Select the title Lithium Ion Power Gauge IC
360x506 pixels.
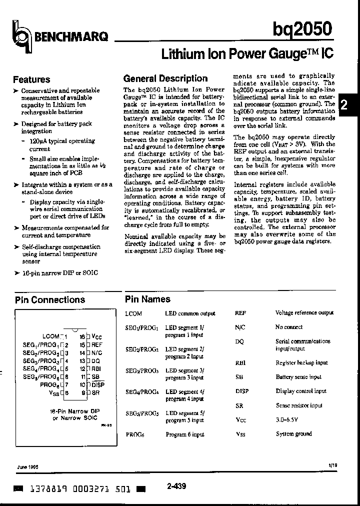pyautogui.click(x=246, y=53)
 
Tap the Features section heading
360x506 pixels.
pyautogui.click(x=31, y=79)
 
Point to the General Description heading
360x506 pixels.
pyautogui.click(x=165, y=78)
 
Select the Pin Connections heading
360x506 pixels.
pyautogui.click(x=50, y=300)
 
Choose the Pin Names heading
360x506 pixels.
pyautogui.click(x=147, y=299)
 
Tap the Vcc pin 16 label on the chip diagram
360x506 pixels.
pyautogui.click(x=97, y=337)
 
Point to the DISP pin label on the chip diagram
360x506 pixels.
pyautogui.click(x=98, y=384)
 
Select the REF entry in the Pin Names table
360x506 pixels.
pyautogui.click(x=240, y=313)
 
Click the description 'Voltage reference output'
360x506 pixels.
pyautogui.click(x=304, y=313)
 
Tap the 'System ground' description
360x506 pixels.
pyautogui.click(x=293, y=434)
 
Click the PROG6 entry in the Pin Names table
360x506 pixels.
pyautogui.click(x=135, y=434)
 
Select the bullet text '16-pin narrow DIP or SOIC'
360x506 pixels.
pyautogui.click(x=59, y=272)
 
